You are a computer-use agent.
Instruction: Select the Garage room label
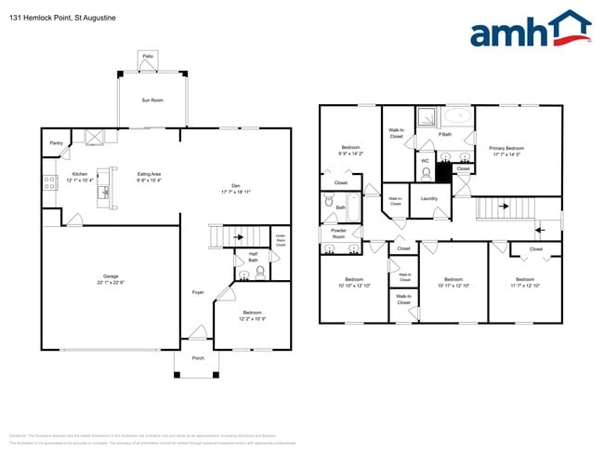pos(110,276)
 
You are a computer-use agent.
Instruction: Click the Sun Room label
pos(152,100)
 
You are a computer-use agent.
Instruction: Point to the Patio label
pos(148,57)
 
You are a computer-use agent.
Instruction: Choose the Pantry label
pos(57,143)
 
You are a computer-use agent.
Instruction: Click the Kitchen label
pos(79,174)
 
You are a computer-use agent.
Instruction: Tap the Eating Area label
pos(150,174)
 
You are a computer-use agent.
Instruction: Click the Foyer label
pos(198,292)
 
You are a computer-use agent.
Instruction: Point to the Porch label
pos(198,357)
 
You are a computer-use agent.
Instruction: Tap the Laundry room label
pos(428,198)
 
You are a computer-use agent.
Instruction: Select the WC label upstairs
pos(425,161)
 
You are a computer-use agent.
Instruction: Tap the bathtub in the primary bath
pos(457,117)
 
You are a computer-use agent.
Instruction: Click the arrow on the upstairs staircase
pos(503,207)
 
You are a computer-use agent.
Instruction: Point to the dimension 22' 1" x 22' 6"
pos(110,282)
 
